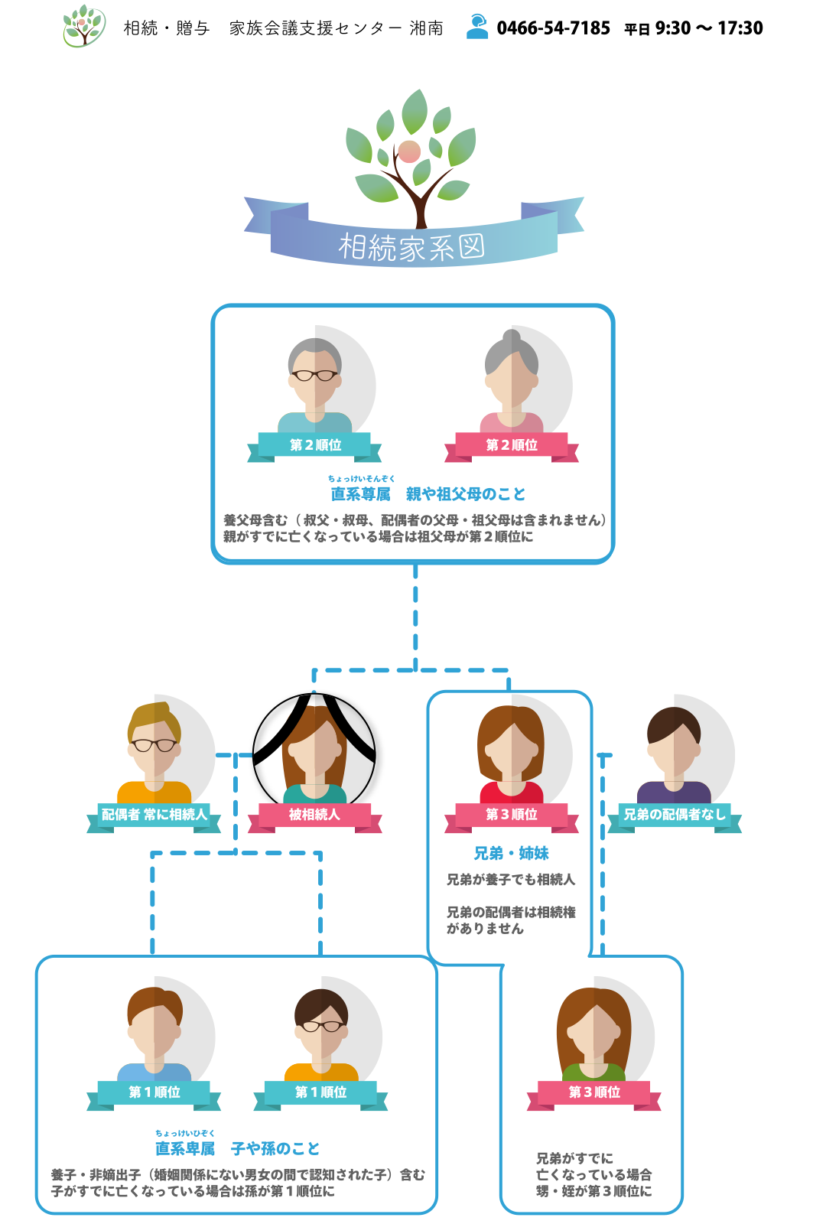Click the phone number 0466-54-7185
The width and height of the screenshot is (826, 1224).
click(553, 28)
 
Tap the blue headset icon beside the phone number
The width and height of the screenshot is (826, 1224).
click(477, 26)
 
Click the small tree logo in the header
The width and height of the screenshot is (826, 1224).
click(83, 26)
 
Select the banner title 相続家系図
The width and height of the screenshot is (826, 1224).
click(411, 247)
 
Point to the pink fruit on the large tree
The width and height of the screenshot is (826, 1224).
click(409, 151)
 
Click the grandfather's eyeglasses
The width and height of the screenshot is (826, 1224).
click(314, 375)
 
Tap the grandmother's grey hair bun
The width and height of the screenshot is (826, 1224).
click(512, 337)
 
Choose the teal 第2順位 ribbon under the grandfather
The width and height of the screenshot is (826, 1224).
click(314, 445)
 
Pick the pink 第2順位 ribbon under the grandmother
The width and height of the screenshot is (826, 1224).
click(512, 445)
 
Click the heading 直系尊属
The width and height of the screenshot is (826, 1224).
click(360, 494)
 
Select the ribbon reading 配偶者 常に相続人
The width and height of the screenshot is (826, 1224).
click(154, 815)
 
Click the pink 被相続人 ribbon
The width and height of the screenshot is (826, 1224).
click(314, 815)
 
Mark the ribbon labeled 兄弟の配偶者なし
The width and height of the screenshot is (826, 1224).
click(674, 815)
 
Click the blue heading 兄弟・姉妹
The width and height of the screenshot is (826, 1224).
click(511, 853)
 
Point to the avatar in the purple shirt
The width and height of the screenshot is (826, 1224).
click(674, 754)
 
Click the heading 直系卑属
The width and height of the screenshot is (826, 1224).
click(185, 1148)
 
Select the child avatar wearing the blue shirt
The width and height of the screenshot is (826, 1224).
click(154, 1033)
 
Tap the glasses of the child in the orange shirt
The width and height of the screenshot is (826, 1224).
click(321, 1026)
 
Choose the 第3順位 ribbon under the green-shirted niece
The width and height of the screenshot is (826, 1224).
click(594, 1092)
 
